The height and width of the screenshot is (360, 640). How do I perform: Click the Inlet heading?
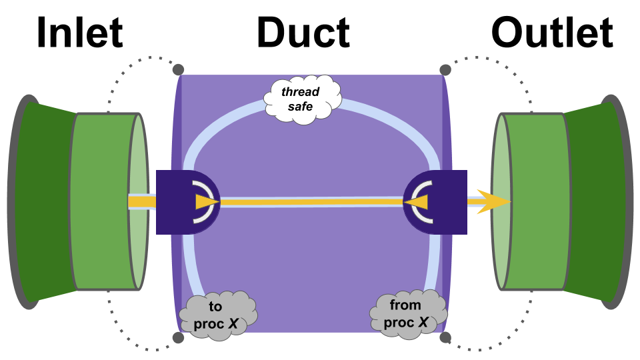[x=79, y=32]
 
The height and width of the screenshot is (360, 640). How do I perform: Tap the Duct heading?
[x=303, y=32]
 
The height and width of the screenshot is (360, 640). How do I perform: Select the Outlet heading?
[x=552, y=32]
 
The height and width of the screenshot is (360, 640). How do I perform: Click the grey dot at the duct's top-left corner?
[x=178, y=69]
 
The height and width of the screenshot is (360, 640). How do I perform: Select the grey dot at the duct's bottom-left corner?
[x=178, y=337]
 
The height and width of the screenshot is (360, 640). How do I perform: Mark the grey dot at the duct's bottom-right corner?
[x=445, y=337]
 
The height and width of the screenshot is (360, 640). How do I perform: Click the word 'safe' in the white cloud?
[x=300, y=105]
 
